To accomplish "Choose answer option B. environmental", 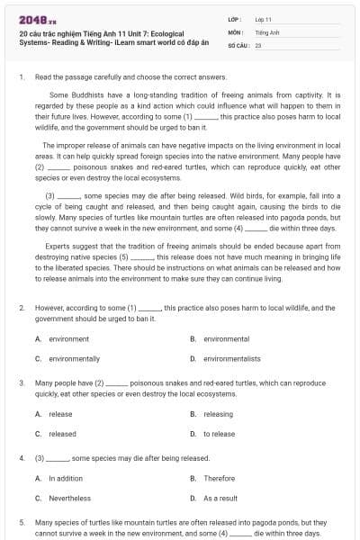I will point(226,339).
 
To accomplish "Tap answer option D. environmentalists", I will point(231,358).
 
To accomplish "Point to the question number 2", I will point(22,308).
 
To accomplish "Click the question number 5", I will point(22,522).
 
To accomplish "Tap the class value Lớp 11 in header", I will point(264,19).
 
